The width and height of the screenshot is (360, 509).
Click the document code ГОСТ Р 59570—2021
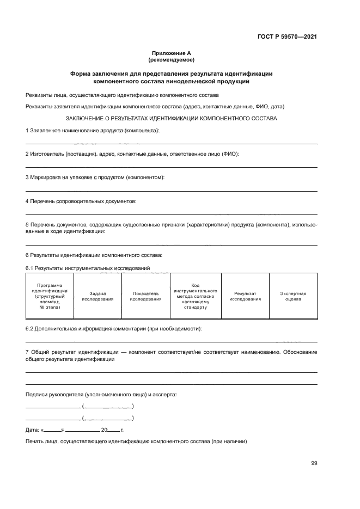tap(288, 37)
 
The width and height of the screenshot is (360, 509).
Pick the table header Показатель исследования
tap(145, 296)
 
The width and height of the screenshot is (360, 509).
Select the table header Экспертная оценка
tap(293, 296)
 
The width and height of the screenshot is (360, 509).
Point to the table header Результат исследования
tap(245, 296)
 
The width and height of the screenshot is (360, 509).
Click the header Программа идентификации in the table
tap(50, 296)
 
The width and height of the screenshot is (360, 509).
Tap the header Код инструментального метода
tap(196, 296)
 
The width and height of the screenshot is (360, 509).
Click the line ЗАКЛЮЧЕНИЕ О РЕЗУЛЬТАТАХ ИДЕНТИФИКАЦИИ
tap(172, 118)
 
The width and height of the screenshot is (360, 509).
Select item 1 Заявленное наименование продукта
tap(93, 131)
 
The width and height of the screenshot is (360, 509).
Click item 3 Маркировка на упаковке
tap(95, 177)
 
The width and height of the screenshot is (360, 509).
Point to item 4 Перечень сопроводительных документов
tap(81, 201)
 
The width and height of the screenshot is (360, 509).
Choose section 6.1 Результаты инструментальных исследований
tap(88, 268)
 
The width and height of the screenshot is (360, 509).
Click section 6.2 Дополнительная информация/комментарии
tap(114, 329)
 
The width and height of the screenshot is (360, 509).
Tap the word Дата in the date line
tap(32, 430)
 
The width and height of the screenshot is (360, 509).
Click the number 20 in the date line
tap(104, 430)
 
